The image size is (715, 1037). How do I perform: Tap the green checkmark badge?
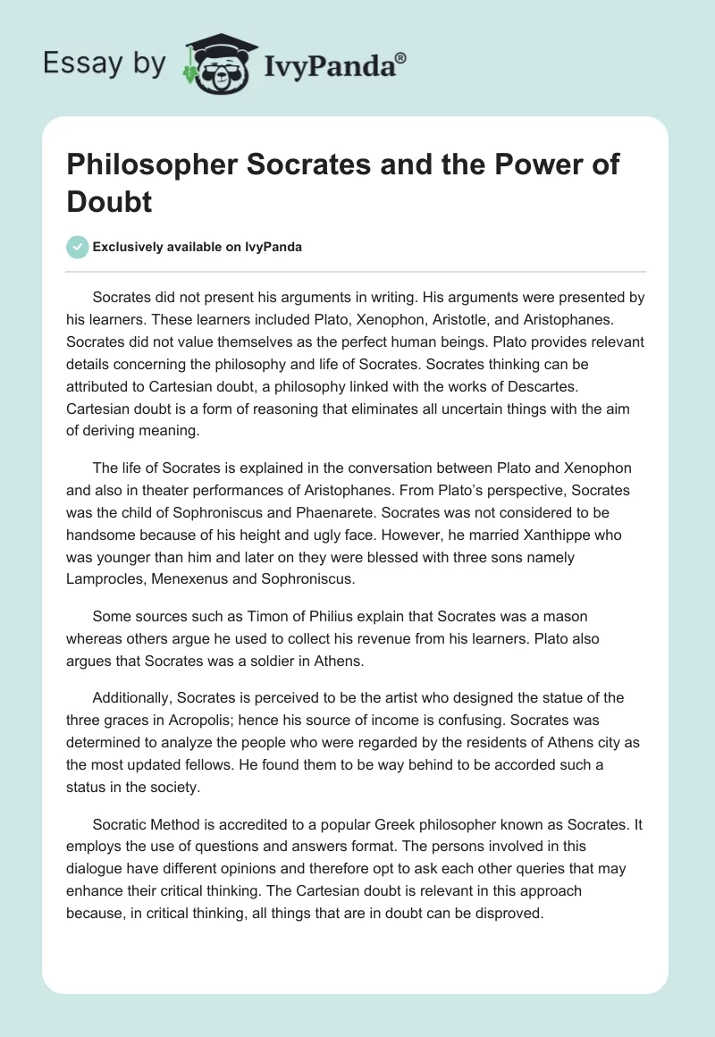[x=78, y=247]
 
